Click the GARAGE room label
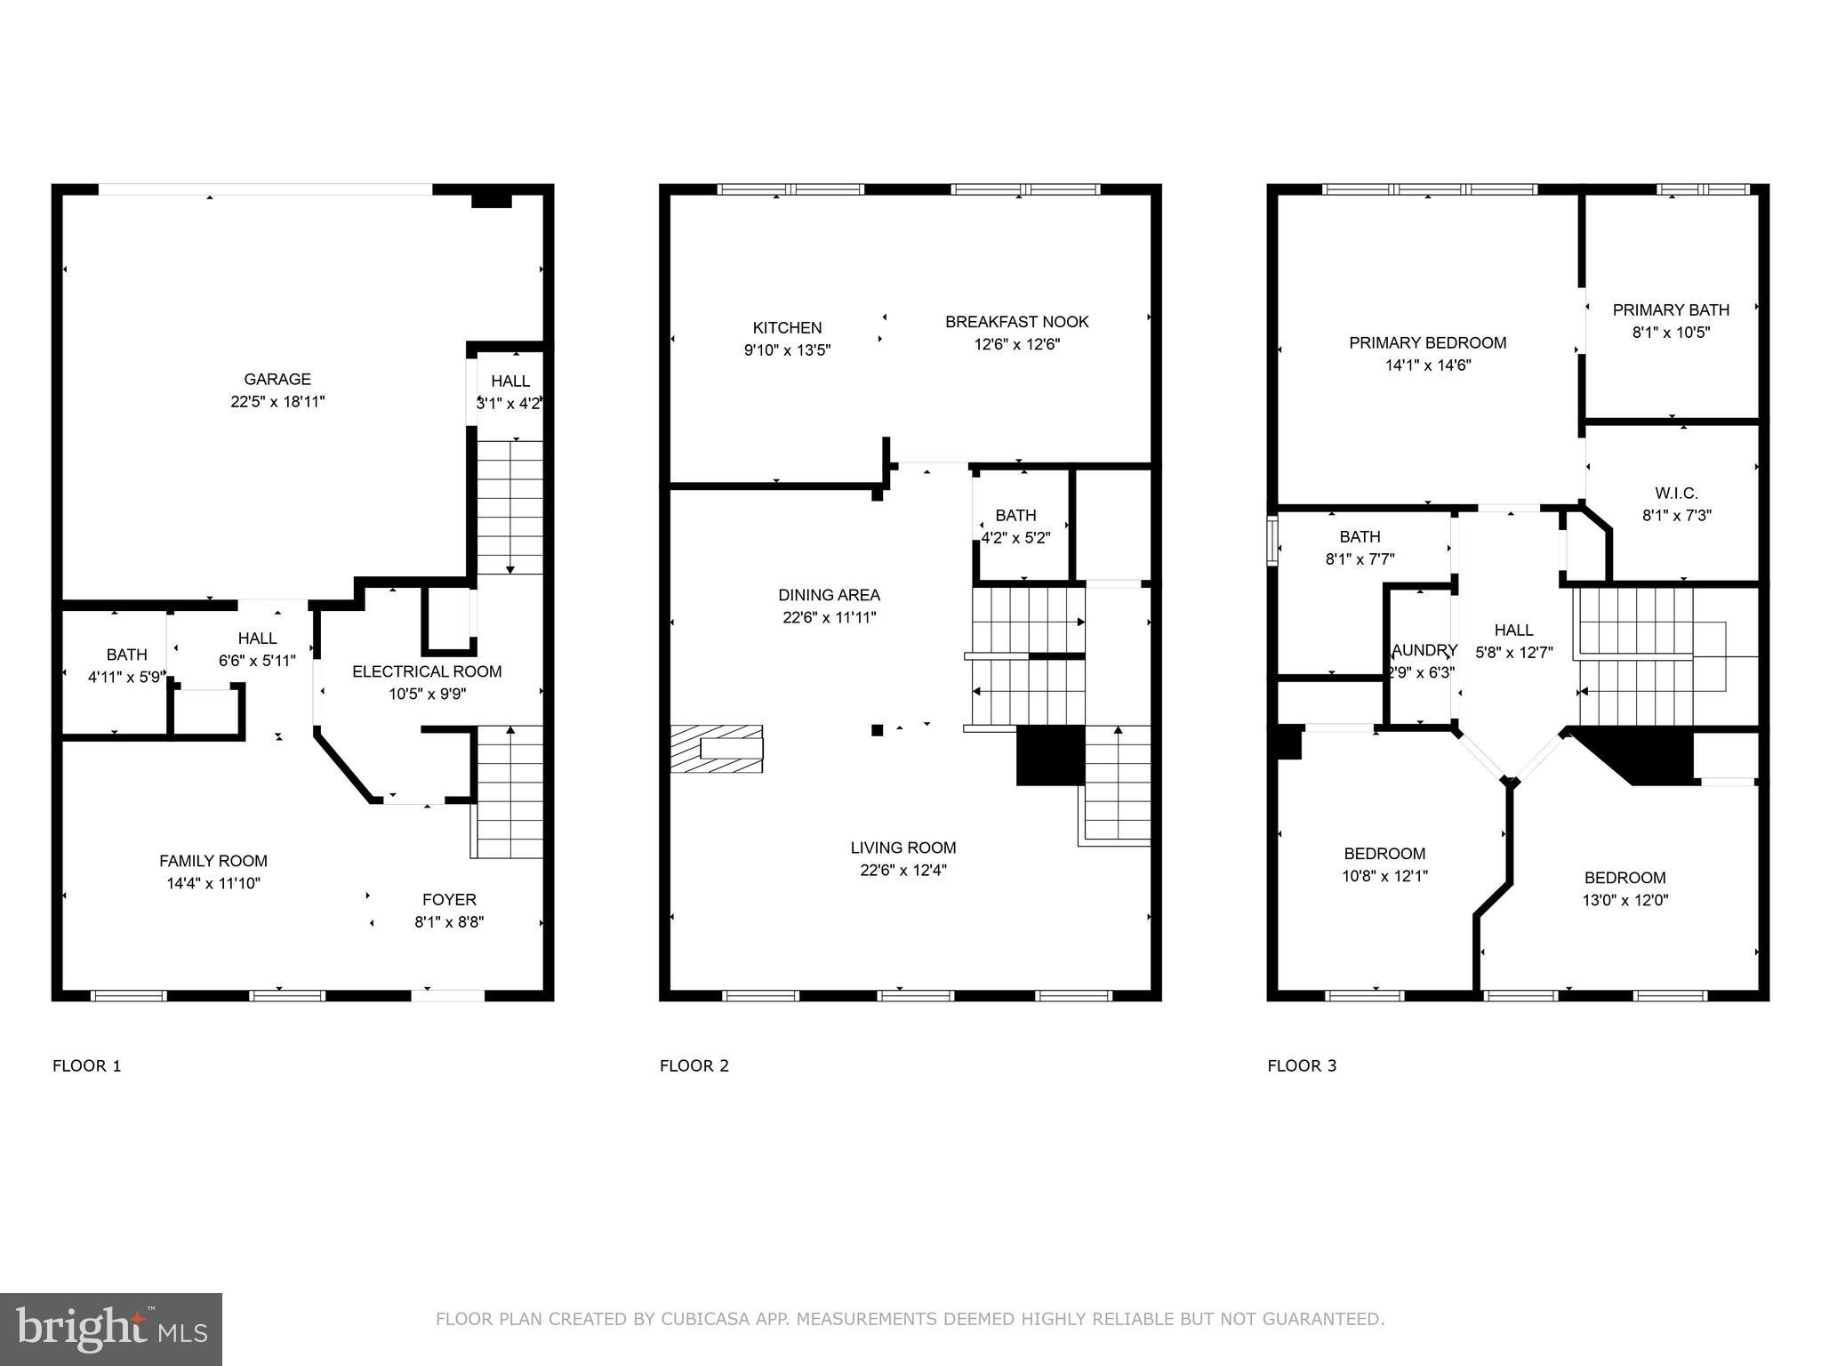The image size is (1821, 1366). pos(277,379)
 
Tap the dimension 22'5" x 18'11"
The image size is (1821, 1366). pos(277,402)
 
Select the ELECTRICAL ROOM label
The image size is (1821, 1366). pos(427,671)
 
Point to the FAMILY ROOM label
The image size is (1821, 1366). pos(213,861)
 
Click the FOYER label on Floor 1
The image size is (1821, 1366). pos(449,899)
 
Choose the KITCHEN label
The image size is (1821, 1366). pos(787,327)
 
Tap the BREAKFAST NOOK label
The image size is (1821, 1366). pos(1016,322)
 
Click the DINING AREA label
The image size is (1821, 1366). pos(829,595)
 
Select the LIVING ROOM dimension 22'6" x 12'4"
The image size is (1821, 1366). pos(902,871)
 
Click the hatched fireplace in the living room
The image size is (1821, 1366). pos(717,748)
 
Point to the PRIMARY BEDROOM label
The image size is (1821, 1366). pos(1427,342)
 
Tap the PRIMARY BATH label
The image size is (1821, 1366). pos(1671,309)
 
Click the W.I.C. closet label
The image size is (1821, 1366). pos(1676,493)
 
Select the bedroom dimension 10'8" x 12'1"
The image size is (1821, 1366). pos(1384,876)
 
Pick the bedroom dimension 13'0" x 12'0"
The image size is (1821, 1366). pos(1624,900)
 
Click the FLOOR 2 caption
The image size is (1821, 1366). pos(694,1065)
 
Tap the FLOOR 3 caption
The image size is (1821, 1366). pos(1302,1065)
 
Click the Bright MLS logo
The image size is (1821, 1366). pos(111,1329)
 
